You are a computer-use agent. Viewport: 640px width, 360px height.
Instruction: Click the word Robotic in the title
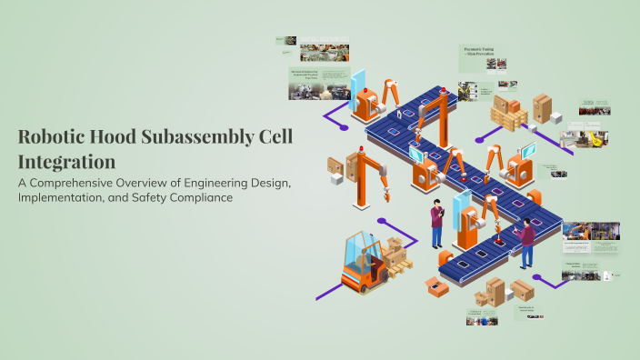pyautogui.click(x=46, y=138)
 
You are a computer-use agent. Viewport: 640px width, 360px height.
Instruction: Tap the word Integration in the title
pyautogui.click(x=66, y=162)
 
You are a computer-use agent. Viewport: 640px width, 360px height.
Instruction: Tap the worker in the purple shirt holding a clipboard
pyautogui.click(x=436, y=224)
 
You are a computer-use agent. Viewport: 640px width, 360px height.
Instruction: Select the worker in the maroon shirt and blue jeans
pyautogui.click(x=526, y=245)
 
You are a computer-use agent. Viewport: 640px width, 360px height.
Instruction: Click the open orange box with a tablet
pyautogui.click(x=436, y=288)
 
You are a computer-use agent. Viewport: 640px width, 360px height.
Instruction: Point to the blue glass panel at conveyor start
pyautogui.click(x=357, y=84)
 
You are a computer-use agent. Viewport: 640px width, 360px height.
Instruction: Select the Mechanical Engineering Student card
pyautogui.click(x=309, y=82)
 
